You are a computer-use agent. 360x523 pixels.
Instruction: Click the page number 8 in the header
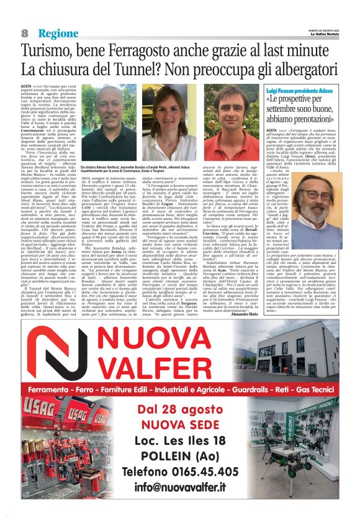point(24,32)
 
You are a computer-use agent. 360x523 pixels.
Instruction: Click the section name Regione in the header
point(58,32)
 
